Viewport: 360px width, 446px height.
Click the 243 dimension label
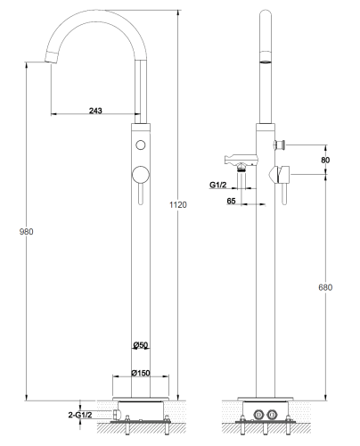[95, 111]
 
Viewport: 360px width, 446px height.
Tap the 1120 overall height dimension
[178, 204]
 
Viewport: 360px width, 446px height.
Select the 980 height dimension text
[26, 231]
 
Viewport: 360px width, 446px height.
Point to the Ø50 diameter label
[141, 345]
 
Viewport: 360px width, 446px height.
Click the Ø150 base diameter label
[141, 373]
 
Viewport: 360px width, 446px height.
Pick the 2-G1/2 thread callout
[80, 415]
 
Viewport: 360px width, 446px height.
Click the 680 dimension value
[325, 287]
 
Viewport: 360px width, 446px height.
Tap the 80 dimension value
[325, 160]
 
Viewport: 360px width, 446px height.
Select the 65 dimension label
[231, 201]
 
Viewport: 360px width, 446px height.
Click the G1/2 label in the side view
[218, 185]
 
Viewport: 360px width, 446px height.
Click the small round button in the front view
[141, 145]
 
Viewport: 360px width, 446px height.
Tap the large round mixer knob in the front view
[141, 175]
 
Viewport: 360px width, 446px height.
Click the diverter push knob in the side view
[280, 145]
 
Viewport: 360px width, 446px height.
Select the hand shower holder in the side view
[241, 161]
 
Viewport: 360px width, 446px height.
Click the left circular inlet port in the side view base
[258, 414]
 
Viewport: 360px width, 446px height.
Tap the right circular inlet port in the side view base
[272, 414]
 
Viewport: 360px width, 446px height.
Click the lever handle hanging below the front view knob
[141, 194]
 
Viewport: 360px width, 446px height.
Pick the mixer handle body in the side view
[280, 174]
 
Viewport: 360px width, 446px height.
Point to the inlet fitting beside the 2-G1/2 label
[117, 415]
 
